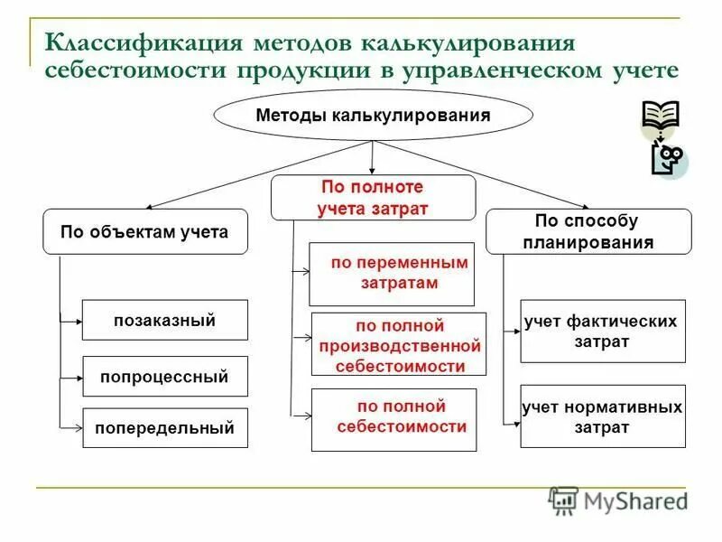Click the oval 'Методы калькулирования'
(x=373, y=116)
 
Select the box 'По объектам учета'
(x=144, y=232)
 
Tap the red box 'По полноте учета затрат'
(x=373, y=198)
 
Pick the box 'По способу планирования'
(x=588, y=231)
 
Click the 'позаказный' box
(x=164, y=320)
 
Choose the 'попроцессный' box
(x=164, y=377)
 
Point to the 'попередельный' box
(x=164, y=428)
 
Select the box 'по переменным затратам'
(x=391, y=274)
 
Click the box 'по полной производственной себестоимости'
(x=399, y=344)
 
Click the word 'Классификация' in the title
(x=147, y=42)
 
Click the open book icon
(x=661, y=118)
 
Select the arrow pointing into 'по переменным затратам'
(x=302, y=268)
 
